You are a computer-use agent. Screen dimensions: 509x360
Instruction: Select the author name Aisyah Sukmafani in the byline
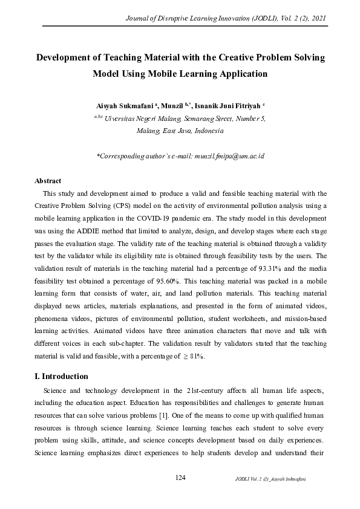[123, 106]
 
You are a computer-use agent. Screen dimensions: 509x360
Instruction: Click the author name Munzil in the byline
[168, 106]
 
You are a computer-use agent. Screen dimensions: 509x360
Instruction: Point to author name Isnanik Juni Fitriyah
[227, 106]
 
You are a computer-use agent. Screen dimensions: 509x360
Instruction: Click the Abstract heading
[48, 181]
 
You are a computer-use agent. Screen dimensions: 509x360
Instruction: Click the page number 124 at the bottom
[180, 478]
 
